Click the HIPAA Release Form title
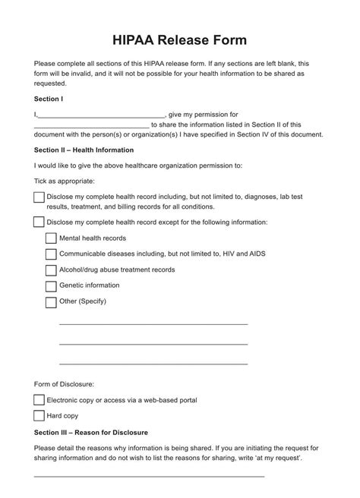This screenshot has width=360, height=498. coord(179,39)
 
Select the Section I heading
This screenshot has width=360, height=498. coord(49,99)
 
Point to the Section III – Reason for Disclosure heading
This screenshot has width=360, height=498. coord(91,432)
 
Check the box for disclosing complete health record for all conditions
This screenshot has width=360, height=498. coord(39,197)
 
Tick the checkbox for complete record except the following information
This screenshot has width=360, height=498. coord(39,222)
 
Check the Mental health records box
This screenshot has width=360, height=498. coord(51,238)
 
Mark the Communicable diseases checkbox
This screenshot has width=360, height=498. coord(51,254)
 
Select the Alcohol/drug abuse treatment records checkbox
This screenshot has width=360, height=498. coord(51,270)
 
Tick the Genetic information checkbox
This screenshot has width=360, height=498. coord(51,286)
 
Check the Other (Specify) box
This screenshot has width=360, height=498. coord(51,302)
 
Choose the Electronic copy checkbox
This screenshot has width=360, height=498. coord(39,399)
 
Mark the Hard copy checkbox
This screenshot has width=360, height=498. coord(39,415)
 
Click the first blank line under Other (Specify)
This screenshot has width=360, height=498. coord(153,323)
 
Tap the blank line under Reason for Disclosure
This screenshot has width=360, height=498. coord(149,476)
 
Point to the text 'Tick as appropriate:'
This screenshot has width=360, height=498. coord(65,181)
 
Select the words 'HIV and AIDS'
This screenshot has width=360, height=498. coord(245,254)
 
